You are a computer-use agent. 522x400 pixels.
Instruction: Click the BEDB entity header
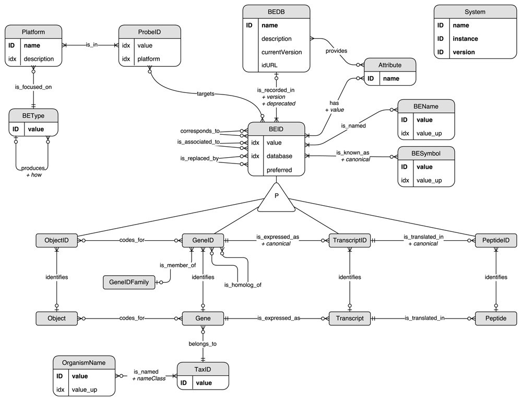[x=277, y=11]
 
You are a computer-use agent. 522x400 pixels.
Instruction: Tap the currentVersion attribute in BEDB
[x=281, y=52]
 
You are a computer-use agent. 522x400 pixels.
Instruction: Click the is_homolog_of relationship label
[x=243, y=285]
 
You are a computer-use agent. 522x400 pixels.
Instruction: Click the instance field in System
[x=466, y=39]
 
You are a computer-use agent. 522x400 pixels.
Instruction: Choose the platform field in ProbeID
[x=149, y=59]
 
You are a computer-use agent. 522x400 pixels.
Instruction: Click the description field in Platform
[x=39, y=59]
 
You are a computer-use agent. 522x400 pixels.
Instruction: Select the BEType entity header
[x=33, y=115]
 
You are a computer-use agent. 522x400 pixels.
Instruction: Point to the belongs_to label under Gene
[x=203, y=344]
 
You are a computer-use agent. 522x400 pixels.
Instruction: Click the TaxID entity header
[x=203, y=369]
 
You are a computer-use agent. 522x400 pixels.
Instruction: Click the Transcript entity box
[x=350, y=318]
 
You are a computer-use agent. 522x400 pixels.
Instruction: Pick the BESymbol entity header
[x=426, y=154]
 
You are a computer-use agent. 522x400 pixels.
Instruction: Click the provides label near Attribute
[x=337, y=51]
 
